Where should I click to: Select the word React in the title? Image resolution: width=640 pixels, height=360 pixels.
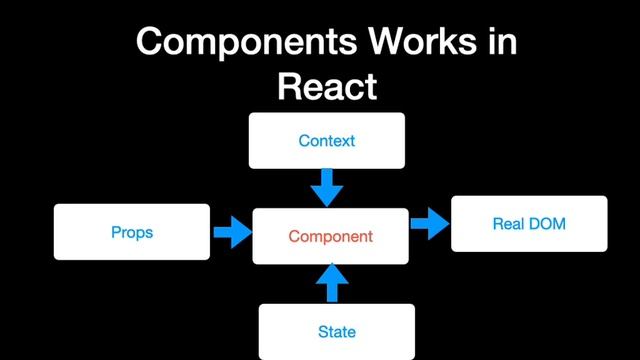pos(327,86)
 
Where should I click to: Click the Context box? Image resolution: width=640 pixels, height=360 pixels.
pos(327,140)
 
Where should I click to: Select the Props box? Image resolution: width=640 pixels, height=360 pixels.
pos(132,232)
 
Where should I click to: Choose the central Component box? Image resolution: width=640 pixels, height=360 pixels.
pos(330,237)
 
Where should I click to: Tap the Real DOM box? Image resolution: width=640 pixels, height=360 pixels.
pos(529,223)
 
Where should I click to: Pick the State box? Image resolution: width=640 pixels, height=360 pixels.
pos(336,331)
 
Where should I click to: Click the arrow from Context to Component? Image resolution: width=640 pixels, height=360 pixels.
pos(327,186)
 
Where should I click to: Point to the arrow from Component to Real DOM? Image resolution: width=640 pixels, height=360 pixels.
pos(430,224)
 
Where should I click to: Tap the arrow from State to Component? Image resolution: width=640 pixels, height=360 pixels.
pos(333,283)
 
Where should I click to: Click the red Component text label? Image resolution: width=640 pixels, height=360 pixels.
pos(330,237)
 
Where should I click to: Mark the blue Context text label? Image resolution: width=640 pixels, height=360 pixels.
pos(327,140)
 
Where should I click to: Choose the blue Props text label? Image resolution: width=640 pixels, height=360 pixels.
pos(132,232)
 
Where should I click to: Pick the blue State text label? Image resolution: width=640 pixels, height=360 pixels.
pos(336,331)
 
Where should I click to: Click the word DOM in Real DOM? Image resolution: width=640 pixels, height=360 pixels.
pos(547,223)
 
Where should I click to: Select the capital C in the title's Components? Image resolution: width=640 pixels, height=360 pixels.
pos(150,41)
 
